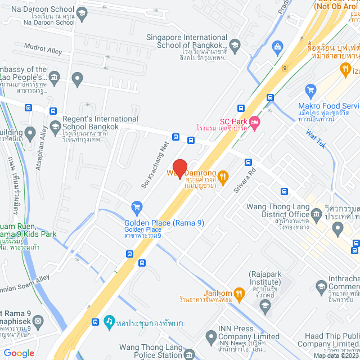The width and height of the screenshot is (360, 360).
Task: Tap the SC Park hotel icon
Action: (x=254, y=121)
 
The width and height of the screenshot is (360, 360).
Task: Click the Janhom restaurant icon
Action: (x=240, y=292)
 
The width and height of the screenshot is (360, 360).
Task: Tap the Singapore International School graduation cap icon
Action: (x=235, y=46)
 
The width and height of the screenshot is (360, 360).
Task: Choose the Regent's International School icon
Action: (x=55, y=126)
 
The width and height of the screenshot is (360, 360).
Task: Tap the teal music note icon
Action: (x=109, y=321)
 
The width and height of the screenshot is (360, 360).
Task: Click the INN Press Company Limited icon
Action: (x=211, y=337)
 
